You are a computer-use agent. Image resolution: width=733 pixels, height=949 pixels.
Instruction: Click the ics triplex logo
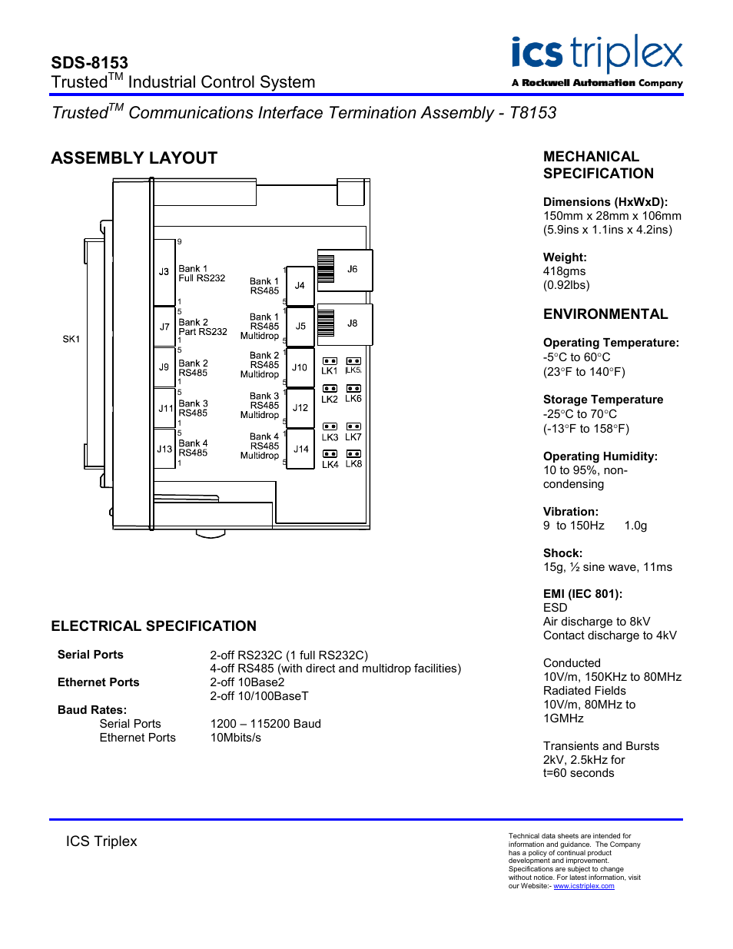(597, 61)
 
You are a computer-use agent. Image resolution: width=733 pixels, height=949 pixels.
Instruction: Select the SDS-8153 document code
(89, 63)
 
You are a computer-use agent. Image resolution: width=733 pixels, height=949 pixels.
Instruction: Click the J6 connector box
(345, 270)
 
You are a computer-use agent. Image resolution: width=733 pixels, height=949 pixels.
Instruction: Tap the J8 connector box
(345, 324)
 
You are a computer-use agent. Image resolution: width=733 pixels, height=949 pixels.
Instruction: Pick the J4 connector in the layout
(300, 286)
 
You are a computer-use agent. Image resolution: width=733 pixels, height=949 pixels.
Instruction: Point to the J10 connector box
(300, 368)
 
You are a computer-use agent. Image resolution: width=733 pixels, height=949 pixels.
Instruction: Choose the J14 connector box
(300, 450)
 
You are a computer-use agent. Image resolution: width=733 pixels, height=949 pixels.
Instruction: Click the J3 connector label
(164, 272)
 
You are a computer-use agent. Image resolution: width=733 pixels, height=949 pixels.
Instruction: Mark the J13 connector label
(164, 449)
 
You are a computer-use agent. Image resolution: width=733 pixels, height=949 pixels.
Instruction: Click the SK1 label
(71, 339)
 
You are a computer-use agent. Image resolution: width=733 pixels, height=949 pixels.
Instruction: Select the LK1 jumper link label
(330, 371)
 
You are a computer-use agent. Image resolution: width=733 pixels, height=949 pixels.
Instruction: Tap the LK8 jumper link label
(353, 464)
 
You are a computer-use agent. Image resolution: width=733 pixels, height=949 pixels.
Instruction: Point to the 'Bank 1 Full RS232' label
(201, 274)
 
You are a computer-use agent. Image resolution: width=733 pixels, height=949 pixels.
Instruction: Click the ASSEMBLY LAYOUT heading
(134, 158)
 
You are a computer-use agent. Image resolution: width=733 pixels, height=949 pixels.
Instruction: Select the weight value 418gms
(564, 271)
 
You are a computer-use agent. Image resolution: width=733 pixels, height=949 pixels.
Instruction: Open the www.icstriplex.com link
(584, 886)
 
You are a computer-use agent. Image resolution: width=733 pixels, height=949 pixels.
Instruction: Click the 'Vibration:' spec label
(571, 512)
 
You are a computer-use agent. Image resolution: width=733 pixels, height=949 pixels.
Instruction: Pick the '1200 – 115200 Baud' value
(266, 724)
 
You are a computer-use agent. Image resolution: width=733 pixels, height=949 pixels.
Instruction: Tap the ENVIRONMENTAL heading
(605, 314)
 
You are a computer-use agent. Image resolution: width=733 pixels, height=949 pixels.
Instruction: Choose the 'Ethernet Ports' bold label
(98, 682)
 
